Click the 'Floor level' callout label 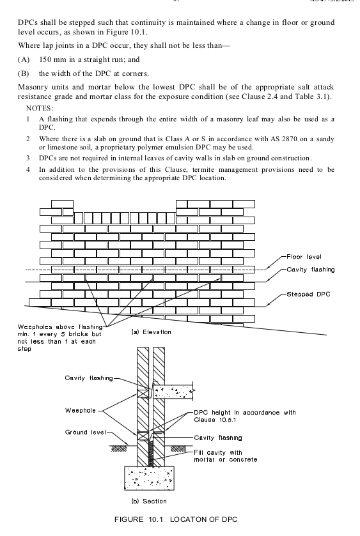[304, 257]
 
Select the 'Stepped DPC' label [308, 295]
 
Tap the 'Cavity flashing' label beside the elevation [311, 270]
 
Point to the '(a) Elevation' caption [152, 332]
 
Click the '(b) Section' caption [149, 501]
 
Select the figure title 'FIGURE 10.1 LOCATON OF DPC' [176, 519]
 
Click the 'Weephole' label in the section [81, 410]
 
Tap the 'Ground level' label [86, 432]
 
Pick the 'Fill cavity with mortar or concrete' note [226, 456]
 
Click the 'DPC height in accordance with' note [245, 413]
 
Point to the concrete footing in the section [149, 478]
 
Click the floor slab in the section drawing [173, 391]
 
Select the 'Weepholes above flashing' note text [60, 327]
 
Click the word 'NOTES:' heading [40, 109]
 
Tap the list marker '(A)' [24, 59]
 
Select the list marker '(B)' [23, 73]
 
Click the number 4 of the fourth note [28, 169]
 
